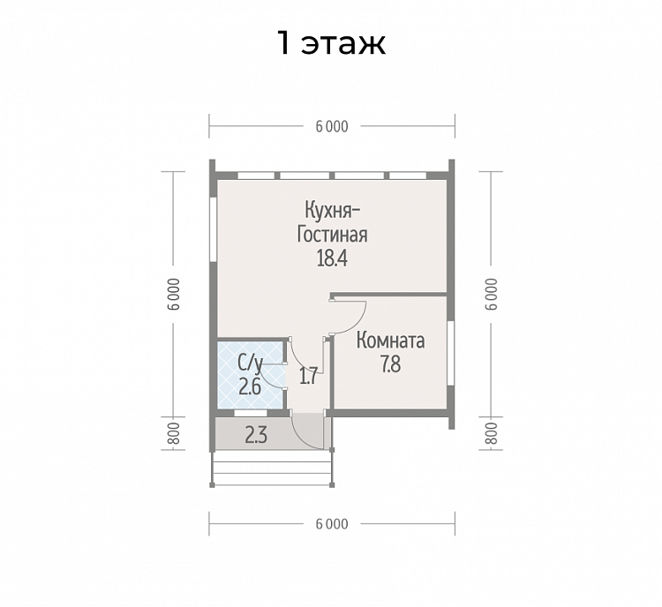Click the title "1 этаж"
[331, 42]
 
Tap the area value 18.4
[332, 258]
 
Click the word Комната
[390, 341]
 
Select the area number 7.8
[391, 364]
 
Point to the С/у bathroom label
[251, 363]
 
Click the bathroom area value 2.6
[250, 386]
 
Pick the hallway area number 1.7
[308, 376]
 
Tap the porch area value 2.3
[256, 435]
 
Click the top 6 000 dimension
[332, 127]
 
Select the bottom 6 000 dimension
[332, 524]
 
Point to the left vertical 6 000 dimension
[174, 294]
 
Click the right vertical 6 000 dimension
[491, 294]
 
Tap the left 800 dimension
[174, 433]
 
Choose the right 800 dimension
[491, 433]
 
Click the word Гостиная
[332, 235]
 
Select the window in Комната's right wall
[451, 353]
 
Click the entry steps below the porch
[273, 468]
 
